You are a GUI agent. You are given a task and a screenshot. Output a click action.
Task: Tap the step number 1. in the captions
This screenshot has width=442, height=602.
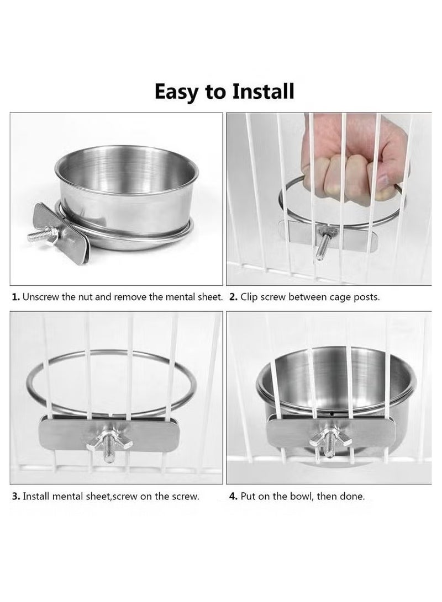point(16,297)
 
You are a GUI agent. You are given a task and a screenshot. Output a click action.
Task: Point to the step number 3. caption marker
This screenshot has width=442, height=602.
point(16,496)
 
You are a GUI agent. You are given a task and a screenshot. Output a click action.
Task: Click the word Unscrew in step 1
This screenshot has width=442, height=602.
point(40,297)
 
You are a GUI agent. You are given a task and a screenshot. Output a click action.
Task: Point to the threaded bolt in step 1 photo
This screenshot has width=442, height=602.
point(41,236)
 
